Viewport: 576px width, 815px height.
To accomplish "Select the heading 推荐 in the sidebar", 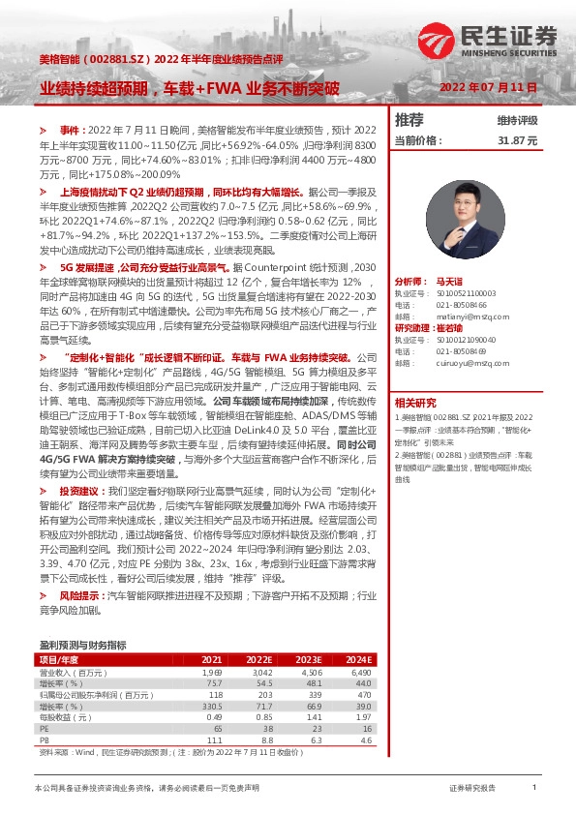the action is (x=409, y=120).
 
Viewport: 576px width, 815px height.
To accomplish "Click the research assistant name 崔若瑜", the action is (x=458, y=328).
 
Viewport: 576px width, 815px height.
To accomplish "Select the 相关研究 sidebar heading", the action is (x=415, y=403).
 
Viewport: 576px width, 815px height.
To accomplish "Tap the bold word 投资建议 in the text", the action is (x=78, y=492).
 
